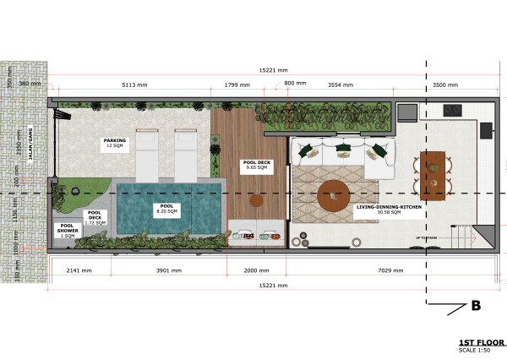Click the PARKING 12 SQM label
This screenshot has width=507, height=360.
click(114, 143)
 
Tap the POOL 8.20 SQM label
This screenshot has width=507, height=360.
click(166, 208)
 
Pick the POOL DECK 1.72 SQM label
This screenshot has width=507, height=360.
click(95, 216)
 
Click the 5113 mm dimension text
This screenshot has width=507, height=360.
click(134, 85)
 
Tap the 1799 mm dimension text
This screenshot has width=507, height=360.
click(237, 85)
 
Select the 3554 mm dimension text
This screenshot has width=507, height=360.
click(341, 85)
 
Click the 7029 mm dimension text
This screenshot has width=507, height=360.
click(389, 271)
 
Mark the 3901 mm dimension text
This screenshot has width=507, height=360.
click(169, 271)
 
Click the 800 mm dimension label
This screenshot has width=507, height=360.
click(295, 82)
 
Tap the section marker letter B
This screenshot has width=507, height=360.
click(476, 305)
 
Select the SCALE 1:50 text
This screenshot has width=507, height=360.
click(472, 350)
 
